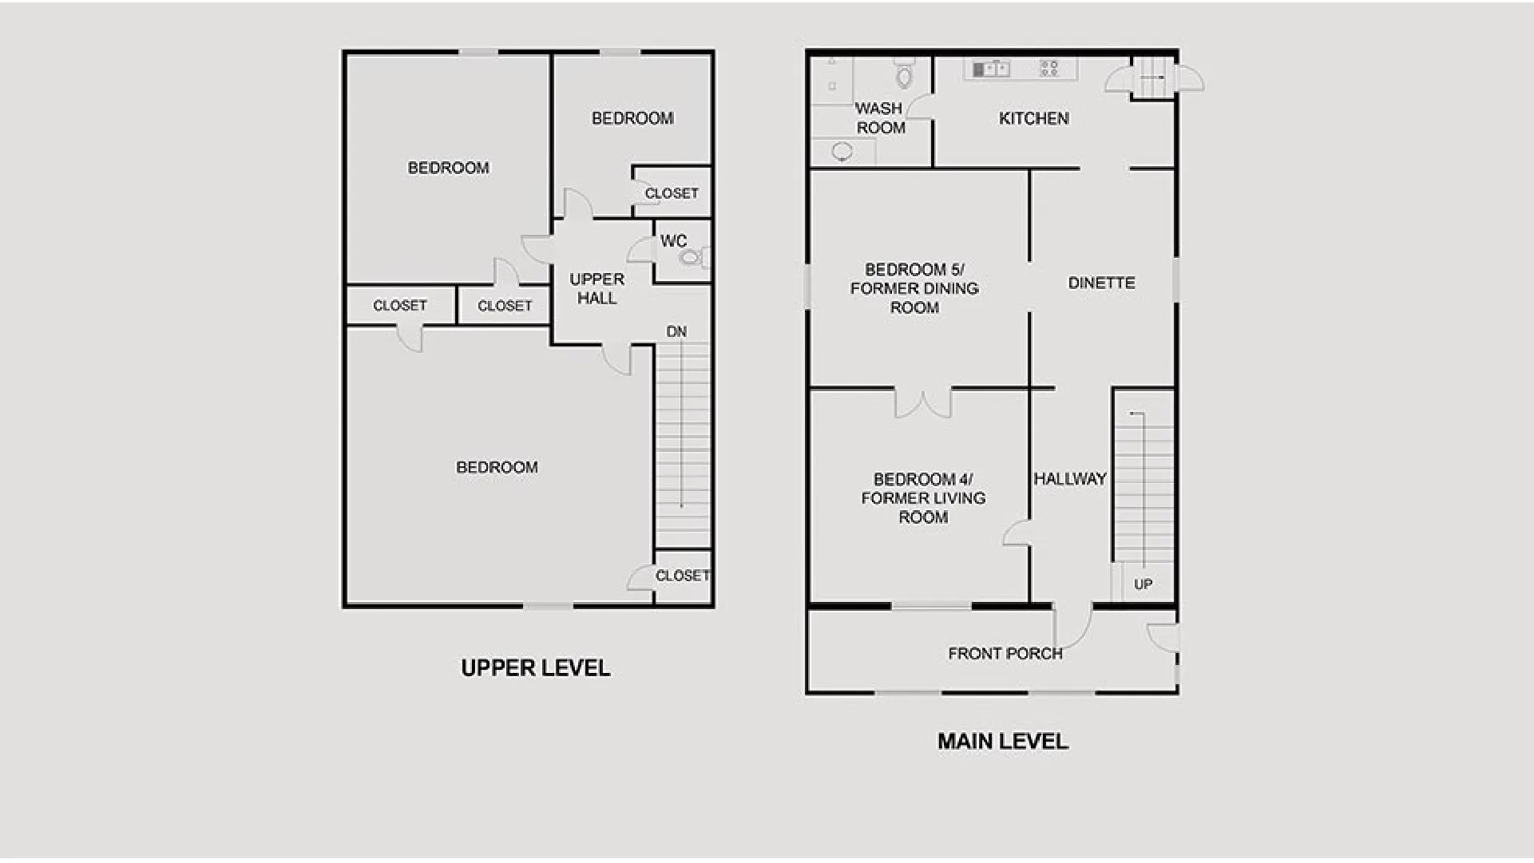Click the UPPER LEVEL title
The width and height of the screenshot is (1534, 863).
click(536, 668)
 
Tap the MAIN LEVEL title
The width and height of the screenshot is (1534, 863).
click(1003, 742)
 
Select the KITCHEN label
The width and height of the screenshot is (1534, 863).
click(1034, 119)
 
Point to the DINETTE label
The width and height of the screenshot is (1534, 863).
click(1102, 283)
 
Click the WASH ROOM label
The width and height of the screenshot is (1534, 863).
click(880, 118)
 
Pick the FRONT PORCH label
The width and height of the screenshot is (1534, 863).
click(1005, 654)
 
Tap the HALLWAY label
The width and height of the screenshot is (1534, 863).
click(1070, 479)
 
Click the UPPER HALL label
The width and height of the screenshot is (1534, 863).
click(597, 289)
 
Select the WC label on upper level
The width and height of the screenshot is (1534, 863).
click(673, 241)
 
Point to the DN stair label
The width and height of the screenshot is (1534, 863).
click(676, 331)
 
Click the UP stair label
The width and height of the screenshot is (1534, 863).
click(1144, 584)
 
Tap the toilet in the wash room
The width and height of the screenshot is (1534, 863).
click(904, 73)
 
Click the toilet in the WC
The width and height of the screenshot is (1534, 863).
click(693, 257)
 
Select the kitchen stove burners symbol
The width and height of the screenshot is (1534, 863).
click(1049, 69)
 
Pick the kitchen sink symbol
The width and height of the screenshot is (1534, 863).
click(991, 69)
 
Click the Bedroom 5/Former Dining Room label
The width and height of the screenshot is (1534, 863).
click(914, 289)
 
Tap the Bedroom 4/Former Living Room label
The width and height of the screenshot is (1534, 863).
click(923, 498)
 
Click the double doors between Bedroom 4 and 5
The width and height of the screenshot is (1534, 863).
click(923, 403)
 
